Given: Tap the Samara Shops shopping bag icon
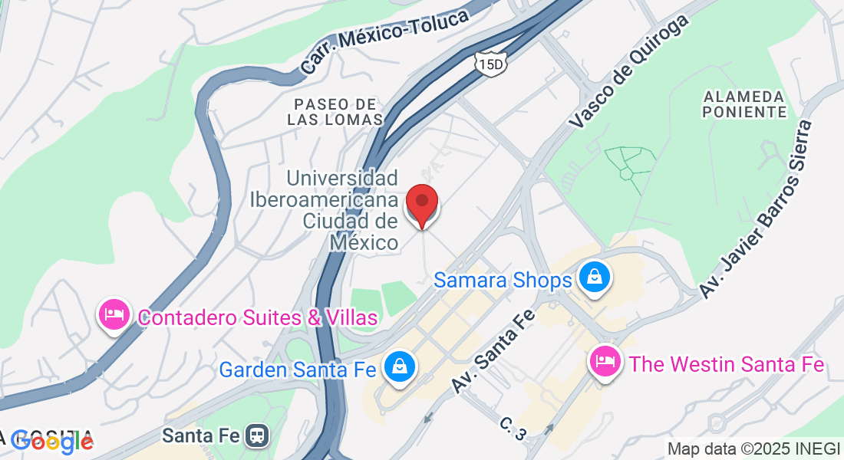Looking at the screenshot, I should [595, 277].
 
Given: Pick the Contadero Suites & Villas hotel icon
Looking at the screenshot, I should [114, 315].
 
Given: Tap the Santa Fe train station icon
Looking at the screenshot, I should [256, 436].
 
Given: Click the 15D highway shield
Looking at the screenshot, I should [490, 63].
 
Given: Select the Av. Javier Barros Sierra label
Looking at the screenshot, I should [755, 209].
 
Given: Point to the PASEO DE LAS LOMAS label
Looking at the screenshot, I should [335, 112].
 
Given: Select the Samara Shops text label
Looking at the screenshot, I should [503, 280].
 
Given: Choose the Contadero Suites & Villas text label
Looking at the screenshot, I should [257, 317].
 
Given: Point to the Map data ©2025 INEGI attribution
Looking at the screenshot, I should [753, 449].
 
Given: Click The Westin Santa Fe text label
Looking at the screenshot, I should [727, 364].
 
